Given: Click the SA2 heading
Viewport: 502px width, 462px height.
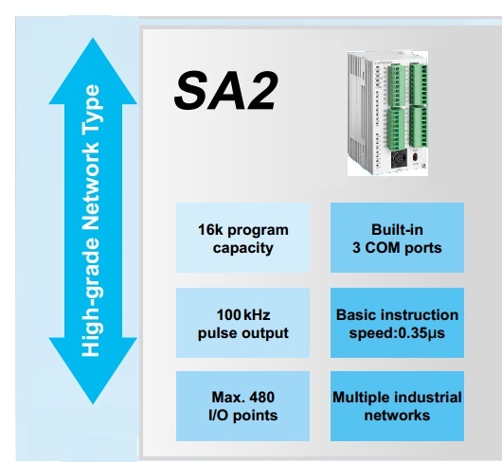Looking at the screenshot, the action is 225,91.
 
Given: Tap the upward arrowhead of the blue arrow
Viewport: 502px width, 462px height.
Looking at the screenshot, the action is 93,71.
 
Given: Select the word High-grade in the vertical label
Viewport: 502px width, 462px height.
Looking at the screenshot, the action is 91,297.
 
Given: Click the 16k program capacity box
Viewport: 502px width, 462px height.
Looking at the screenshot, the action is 243,238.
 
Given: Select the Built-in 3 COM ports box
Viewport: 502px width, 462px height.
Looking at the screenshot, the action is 397,238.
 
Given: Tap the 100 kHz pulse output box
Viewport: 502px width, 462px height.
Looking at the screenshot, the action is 243,323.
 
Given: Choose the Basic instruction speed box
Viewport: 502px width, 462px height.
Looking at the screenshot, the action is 397,323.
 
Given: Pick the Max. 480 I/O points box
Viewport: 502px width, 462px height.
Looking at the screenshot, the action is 243,406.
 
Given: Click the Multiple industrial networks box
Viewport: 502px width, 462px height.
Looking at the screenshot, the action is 397,406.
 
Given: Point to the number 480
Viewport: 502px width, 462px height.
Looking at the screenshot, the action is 261,398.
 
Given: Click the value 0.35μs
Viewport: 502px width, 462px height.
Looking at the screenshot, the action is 421,333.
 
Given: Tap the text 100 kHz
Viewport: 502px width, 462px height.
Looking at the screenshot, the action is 243,315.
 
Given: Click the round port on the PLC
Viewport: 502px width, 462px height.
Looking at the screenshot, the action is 399,158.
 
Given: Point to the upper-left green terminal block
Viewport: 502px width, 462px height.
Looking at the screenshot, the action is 397,85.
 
